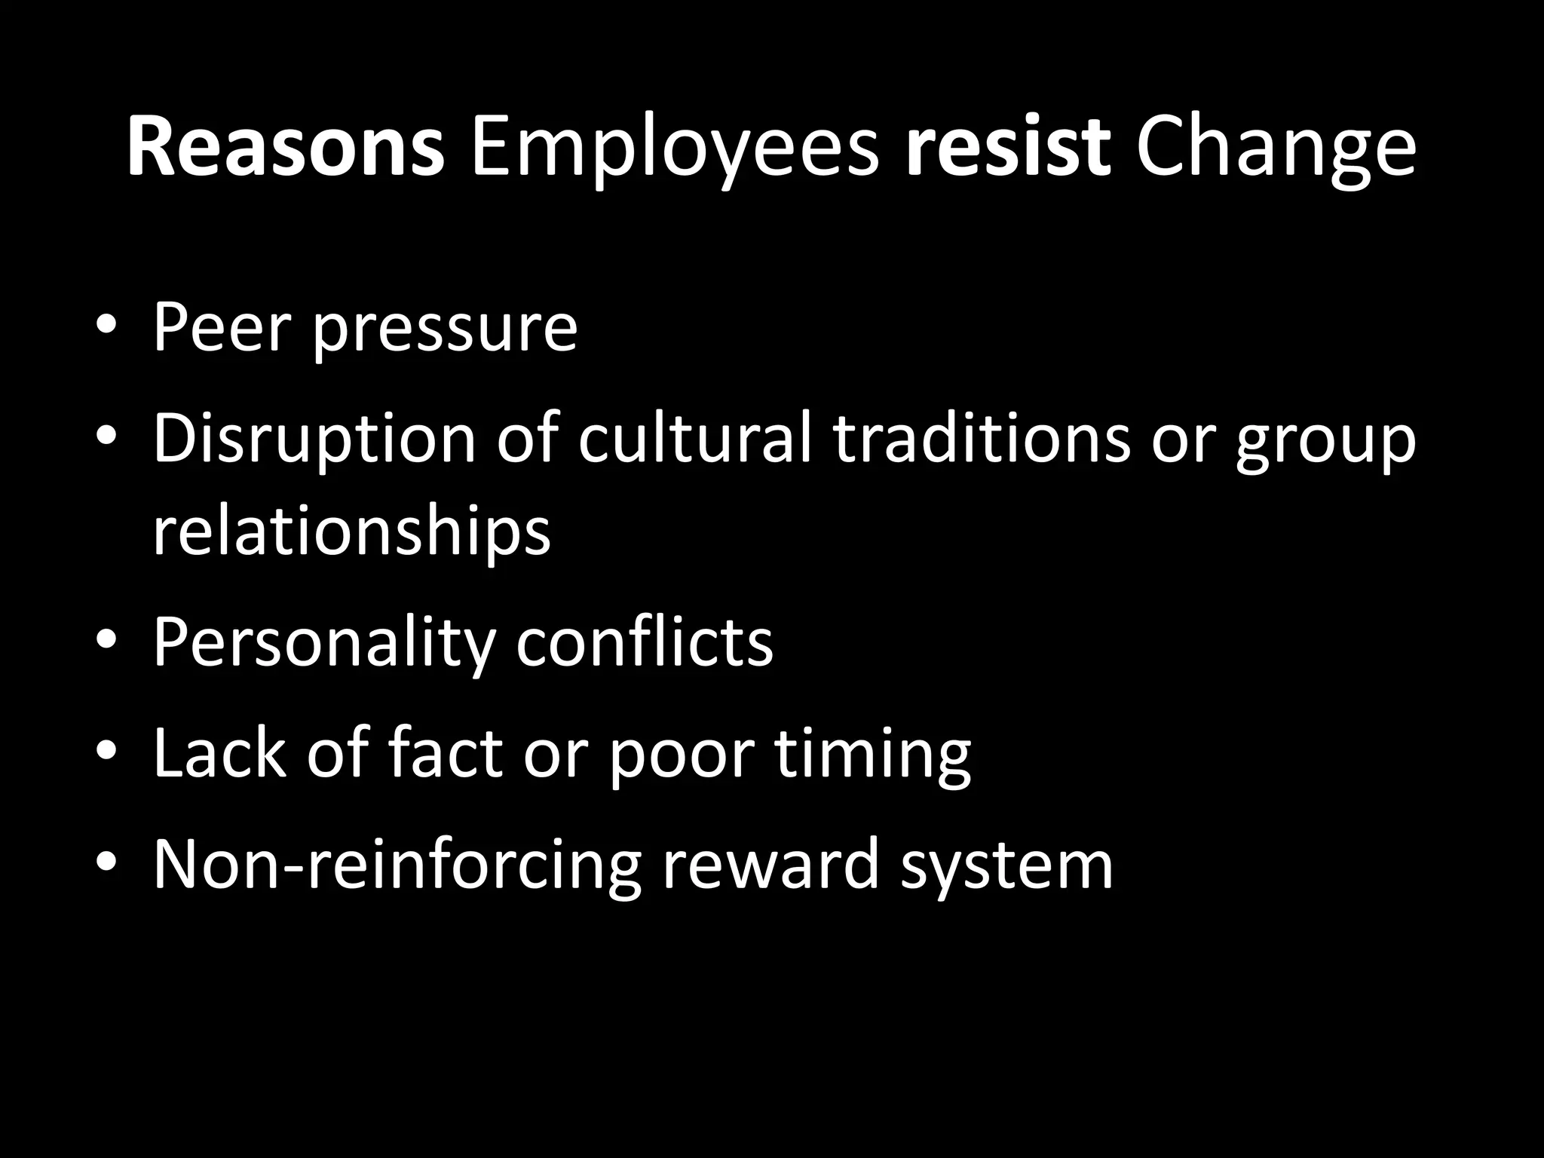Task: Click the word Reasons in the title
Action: [x=285, y=148]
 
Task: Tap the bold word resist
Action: [x=1008, y=148]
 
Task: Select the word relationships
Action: [x=352, y=532]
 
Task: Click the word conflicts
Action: [x=645, y=642]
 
